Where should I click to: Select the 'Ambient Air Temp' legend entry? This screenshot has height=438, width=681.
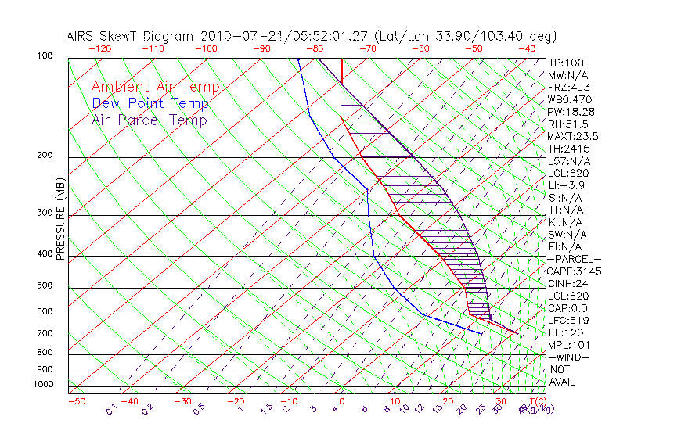(155, 87)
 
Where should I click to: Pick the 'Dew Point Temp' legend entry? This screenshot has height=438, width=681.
(150, 103)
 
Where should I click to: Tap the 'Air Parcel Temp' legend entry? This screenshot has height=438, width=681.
(150, 120)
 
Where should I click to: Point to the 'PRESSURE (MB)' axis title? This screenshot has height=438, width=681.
(60, 218)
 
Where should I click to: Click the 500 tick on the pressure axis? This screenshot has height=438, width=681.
(44, 286)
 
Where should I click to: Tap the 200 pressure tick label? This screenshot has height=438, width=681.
(44, 156)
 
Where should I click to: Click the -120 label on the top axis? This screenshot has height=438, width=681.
(99, 48)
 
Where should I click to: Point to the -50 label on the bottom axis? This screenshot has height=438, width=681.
(77, 402)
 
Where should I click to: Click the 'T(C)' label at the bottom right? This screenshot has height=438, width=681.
(536, 402)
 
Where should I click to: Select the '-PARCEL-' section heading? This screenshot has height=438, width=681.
(574, 259)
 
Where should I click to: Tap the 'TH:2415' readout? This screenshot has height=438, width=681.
(569, 149)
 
